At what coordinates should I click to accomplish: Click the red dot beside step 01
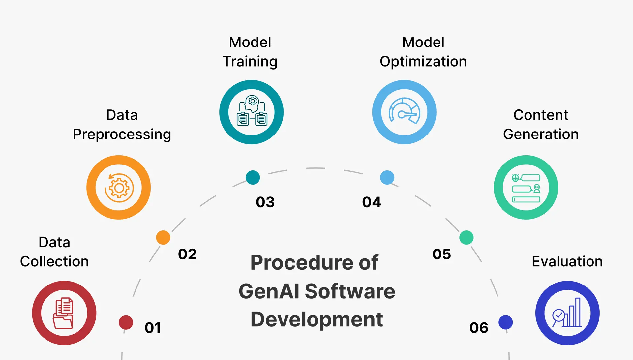(x=126, y=322)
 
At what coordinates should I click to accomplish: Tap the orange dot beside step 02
(x=163, y=237)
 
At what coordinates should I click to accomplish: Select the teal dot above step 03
(x=253, y=177)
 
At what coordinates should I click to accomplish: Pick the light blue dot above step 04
(x=387, y=177)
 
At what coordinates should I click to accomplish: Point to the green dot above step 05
(x=467, y=237)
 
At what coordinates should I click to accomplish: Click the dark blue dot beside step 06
(x=506, y=322)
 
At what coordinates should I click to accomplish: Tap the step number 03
(x=265, y=202)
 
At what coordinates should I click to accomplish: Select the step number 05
(x=441, y=254)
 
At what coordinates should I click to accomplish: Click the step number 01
(x=153, y=328)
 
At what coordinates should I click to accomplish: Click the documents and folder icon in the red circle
(x=64, y=313)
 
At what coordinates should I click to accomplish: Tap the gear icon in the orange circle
(x=119, y=188)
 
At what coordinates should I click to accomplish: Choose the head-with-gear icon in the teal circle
(x=252, y=111)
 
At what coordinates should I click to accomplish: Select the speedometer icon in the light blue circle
(x=404, y=111)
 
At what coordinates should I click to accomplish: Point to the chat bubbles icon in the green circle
(x=526, y=188)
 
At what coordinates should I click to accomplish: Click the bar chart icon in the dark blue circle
(x=567, y=313)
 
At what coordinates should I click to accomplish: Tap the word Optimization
(x=423, y=62)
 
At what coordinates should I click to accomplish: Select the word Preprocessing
(x=122, y=135)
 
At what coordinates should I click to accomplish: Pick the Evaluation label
(x=567, y=261)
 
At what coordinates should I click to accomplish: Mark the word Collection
(x=54, y=261)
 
